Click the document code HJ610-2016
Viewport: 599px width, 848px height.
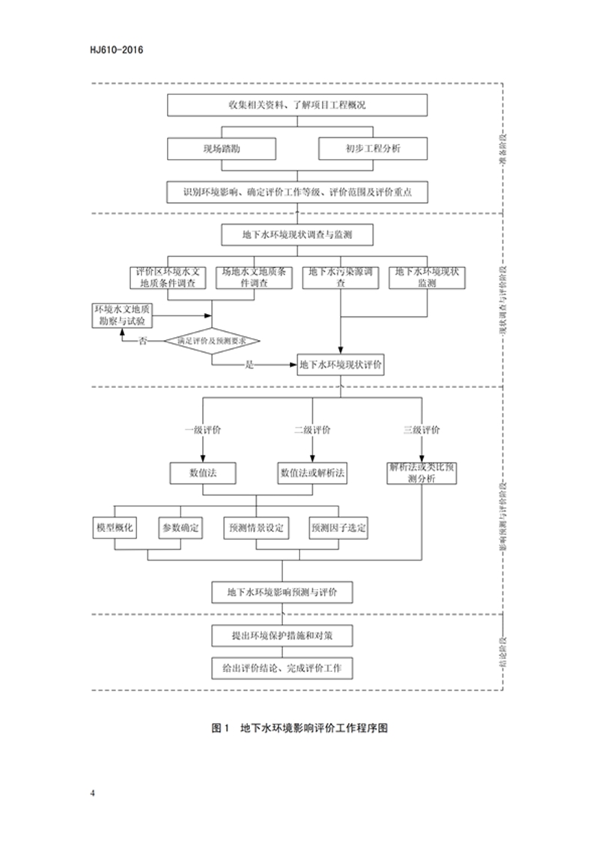pyautogui.click(x=115, y=50)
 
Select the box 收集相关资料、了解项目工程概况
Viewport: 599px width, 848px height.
pyautogui.click(x=297, y=106)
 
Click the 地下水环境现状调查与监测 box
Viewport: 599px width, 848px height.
pyautogui.click(x=297, y=234)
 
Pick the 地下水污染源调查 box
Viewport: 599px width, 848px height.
pyautogui.click(x=341, y=278)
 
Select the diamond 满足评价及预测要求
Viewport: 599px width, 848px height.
pyautogui.click(x=212, y=341)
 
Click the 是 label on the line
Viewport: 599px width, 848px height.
pyautogui.click(x=250, y=365)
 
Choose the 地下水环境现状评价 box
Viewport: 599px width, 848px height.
pyautogui.click(x=341, y=365)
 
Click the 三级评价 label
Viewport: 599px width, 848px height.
pyautogui.click(x=422, y=430)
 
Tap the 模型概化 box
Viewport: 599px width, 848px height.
pyautogui.click(x=115, y=527)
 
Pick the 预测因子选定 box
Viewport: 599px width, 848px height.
pyautogui.click(x=338, y=527)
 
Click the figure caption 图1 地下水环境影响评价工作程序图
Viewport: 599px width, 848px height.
pyautogui.click(x=299, y=727)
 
